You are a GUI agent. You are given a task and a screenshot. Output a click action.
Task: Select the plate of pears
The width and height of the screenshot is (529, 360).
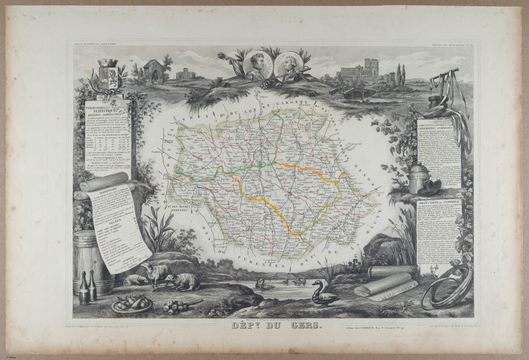point(131,304)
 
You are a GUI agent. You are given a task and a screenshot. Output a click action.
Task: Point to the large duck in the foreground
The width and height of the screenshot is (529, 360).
point(324,294)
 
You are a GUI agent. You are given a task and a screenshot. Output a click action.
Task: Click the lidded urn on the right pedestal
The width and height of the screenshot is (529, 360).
point(419,178)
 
